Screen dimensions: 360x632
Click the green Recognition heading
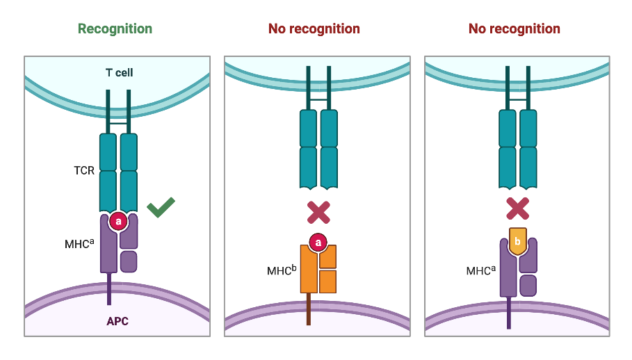pyautogui.click(x=115, y=29)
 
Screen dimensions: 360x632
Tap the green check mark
pyautogui.click(x=161, y=206)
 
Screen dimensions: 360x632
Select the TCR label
pyautogui.click(x=84, y=170)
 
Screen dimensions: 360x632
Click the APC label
pyautogui.click(x=118, y=321)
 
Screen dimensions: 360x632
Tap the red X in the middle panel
pyautogui.click(x=318, y=211)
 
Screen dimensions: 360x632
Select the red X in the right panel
pyautogui.click(x=518, y=209)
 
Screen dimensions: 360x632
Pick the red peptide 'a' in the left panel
pyautogui.click(x=118, y=222)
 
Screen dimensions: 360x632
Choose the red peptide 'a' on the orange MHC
pyautogui.click(x=318, y=242)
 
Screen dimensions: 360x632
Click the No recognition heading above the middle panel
pyautogui.click(x=314, y=29)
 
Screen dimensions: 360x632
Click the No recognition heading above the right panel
pyautogui.click(x=514, y=29)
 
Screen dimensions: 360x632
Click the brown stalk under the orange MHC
pyautogui.click(x=309, y=309)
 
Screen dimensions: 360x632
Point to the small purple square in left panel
pyautogui.click(x=129, y=262)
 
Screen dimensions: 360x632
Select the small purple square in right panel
pyautogui.click(x=528, y=285)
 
